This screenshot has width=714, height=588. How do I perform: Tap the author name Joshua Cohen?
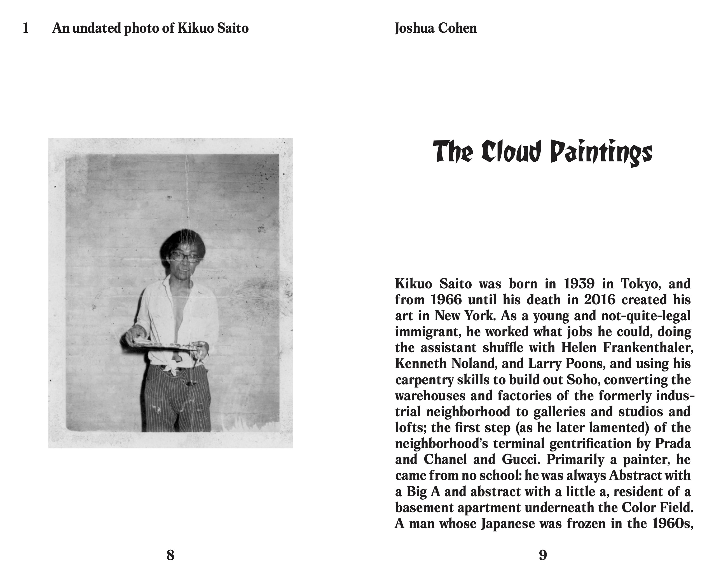click(x=436, y=28)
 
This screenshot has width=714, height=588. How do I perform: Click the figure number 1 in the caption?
click(x=26, y=28)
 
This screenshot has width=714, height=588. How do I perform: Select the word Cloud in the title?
click(x=511, y=153)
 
